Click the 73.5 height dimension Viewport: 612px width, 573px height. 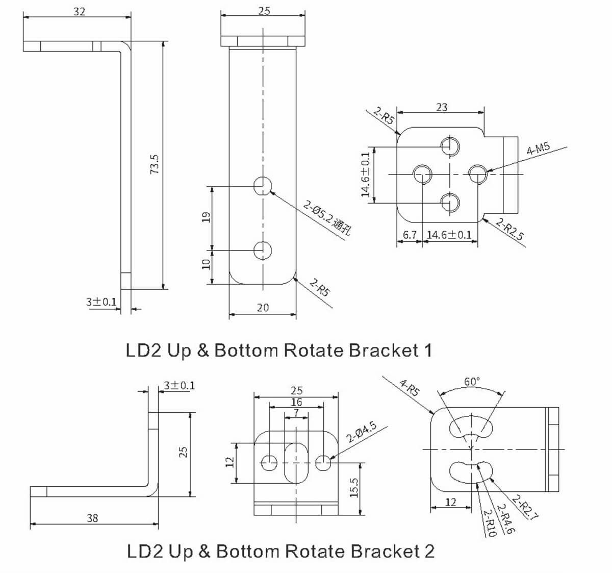point(156,164)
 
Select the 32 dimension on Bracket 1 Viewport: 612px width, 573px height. point(80,11)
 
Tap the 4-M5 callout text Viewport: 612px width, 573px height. point(539,148)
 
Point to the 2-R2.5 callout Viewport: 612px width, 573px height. point(510,230)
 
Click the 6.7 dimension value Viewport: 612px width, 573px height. point(410,235)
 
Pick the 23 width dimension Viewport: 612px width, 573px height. point(442,107)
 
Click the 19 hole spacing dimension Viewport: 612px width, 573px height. point(206,217)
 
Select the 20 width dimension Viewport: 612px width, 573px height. point(263,307)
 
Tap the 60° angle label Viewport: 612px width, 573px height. point(472,382)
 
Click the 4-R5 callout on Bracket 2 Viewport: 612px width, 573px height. point(410,388)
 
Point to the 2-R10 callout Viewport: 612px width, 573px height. point(489,522)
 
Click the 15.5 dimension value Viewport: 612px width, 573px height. point(355,488)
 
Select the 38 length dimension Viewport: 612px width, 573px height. point(92,518)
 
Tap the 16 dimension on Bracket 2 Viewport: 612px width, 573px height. point(296,402)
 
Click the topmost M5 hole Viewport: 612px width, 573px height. point(450,146)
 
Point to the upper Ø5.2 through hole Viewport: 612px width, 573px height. point(263,186)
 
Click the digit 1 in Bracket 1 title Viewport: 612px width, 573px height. point(427,351)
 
